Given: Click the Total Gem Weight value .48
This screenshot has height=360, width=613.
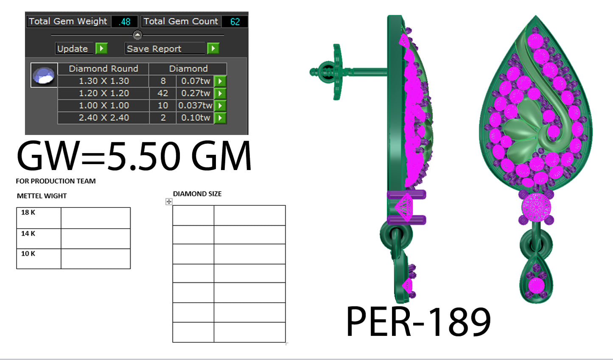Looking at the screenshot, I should click(125, 22).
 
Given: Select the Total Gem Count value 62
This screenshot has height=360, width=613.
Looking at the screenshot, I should click(235, 22).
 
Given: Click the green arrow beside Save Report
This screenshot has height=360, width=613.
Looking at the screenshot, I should click(213, 49).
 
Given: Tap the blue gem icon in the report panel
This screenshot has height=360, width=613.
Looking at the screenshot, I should click(44, 75).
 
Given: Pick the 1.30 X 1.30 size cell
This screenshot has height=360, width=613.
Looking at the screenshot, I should click(104, 81).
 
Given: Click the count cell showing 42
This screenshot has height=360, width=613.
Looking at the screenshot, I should click(162, 93).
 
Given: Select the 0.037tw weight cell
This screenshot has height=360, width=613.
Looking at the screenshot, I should click(195, 106).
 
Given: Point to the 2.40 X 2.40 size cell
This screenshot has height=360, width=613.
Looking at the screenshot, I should click(104, 118).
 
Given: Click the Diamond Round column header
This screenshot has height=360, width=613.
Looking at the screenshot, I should click(104, 69).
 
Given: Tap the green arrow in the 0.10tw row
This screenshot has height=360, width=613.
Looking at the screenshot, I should click(220, 118).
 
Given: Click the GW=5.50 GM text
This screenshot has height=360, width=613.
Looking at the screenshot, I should click(134, 156).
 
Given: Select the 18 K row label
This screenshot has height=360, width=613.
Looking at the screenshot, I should click(28, 212).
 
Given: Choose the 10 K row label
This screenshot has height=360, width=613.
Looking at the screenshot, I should click(28, 254).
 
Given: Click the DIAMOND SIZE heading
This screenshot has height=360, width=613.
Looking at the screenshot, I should click(197, 194).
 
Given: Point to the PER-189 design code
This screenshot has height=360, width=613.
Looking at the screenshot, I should click(418, 321).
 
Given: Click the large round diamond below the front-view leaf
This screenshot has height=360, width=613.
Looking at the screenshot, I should click(536, 207).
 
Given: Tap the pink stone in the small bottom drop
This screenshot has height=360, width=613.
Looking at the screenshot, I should click(536, 285).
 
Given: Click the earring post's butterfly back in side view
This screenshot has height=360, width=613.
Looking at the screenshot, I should click(336, 72).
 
